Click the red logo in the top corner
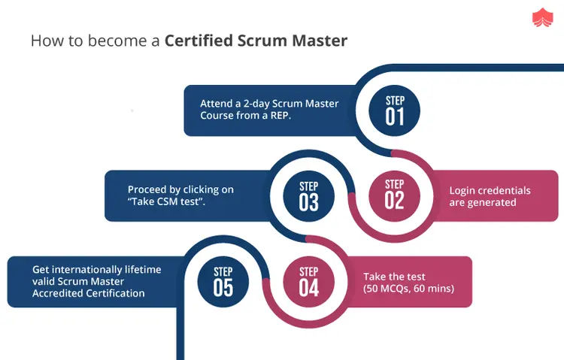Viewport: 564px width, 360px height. (x=540, y=18)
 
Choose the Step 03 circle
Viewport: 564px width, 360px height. (x=308, y=196)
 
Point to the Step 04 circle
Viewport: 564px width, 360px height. (x=308, y=281)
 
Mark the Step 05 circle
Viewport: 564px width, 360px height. (x=223, y=281)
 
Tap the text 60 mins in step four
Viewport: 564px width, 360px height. (x=432, y=289)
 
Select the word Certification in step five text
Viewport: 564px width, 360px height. (x=114, y=293)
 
